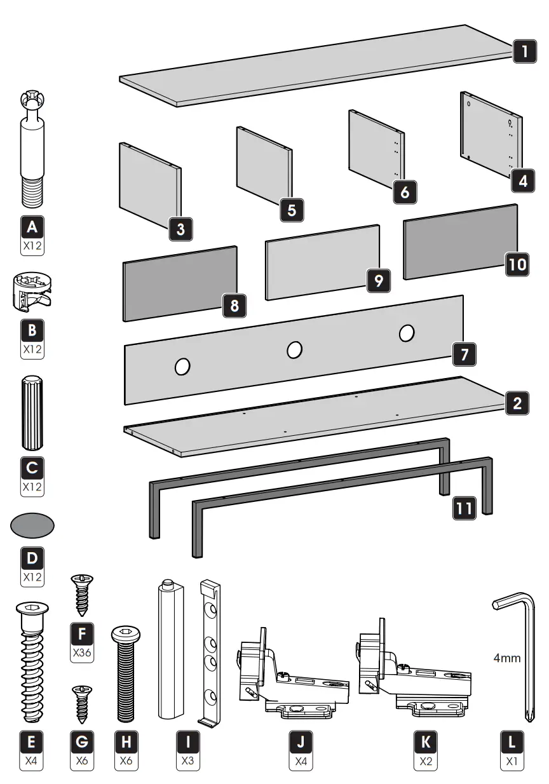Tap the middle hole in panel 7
tap(294, 349)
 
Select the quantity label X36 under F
tap(81, 652)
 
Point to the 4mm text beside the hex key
tap(507, 658)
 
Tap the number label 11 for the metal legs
tap(463, 509)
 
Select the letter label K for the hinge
tap(426, 741)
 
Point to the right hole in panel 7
tap(407, 332)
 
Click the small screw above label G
tap(81, 704)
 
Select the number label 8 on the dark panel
tap(234, 306)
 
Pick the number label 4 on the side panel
tap(522, 180)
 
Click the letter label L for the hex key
tap(512, 741)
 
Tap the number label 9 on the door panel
tap(378, 280)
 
